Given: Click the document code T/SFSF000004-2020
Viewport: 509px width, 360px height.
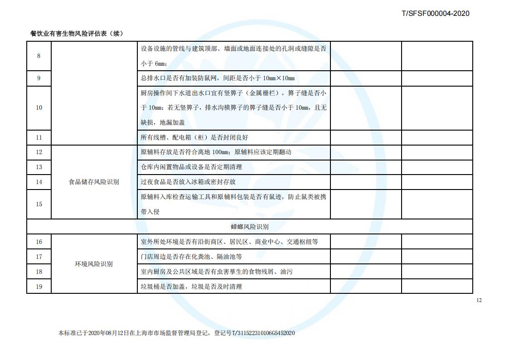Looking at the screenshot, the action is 435,13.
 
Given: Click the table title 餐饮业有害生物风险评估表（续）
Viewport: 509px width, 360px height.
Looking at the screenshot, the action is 77,34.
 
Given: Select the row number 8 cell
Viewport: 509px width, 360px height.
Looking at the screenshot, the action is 39,56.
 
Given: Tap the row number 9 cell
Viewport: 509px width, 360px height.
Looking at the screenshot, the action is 39,78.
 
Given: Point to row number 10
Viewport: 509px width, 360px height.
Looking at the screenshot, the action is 39,107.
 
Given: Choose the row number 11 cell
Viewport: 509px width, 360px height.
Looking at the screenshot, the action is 39,137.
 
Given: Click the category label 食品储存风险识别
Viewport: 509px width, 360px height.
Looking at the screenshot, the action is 94,182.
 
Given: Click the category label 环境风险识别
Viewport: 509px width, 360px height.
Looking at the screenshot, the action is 94,264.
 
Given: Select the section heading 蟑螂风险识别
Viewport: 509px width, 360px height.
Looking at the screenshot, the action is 249,227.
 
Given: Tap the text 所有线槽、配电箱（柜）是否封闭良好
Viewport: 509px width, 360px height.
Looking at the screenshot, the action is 194,137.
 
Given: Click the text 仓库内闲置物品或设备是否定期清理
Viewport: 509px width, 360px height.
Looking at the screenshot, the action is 191,167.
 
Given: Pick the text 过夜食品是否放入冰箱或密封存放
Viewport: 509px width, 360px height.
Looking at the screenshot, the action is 188,182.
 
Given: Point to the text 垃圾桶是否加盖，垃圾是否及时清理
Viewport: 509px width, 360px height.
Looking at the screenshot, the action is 191,287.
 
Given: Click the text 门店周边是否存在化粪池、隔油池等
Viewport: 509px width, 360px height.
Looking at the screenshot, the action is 191,257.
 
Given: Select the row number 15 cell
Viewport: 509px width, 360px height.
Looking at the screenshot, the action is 39,204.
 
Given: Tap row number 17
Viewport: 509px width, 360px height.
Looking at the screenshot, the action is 39,257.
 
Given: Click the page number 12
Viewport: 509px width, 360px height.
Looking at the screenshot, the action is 479,300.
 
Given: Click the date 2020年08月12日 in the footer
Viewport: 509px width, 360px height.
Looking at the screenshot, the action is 105,333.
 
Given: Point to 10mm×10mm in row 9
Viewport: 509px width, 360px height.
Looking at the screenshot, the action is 278,78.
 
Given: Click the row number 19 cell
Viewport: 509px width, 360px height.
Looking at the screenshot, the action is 39,287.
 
